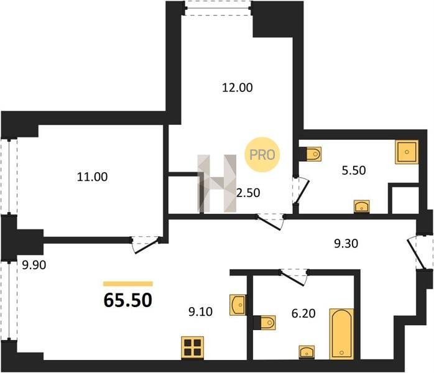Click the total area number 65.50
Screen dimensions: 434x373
(128, 300)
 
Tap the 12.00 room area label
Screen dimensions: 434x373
(238, 88)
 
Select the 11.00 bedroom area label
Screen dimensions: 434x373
(92, 177)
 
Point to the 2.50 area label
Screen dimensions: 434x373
(248, 193)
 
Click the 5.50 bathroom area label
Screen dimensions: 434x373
(354, 170)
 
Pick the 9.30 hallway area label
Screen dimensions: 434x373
(346, 244)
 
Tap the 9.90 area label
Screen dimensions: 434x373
(34, 265)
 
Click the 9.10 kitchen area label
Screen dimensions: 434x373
(200, 312)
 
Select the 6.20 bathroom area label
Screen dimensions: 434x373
(303, 313)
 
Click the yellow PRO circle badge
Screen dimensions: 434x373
(262, 155)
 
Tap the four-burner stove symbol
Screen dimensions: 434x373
(193, 348)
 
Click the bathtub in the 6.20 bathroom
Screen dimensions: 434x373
(341, 334)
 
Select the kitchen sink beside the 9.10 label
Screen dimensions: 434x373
(238, 305)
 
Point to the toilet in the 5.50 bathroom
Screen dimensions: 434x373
(311, 154)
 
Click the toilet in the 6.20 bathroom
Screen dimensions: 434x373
(265, 323)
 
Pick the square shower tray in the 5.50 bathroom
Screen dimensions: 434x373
(407, 152)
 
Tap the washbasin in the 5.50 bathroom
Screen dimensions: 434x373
(362, 206)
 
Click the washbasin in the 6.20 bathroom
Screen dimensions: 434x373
(307, 352)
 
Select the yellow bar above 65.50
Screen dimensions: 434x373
(128, 283)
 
